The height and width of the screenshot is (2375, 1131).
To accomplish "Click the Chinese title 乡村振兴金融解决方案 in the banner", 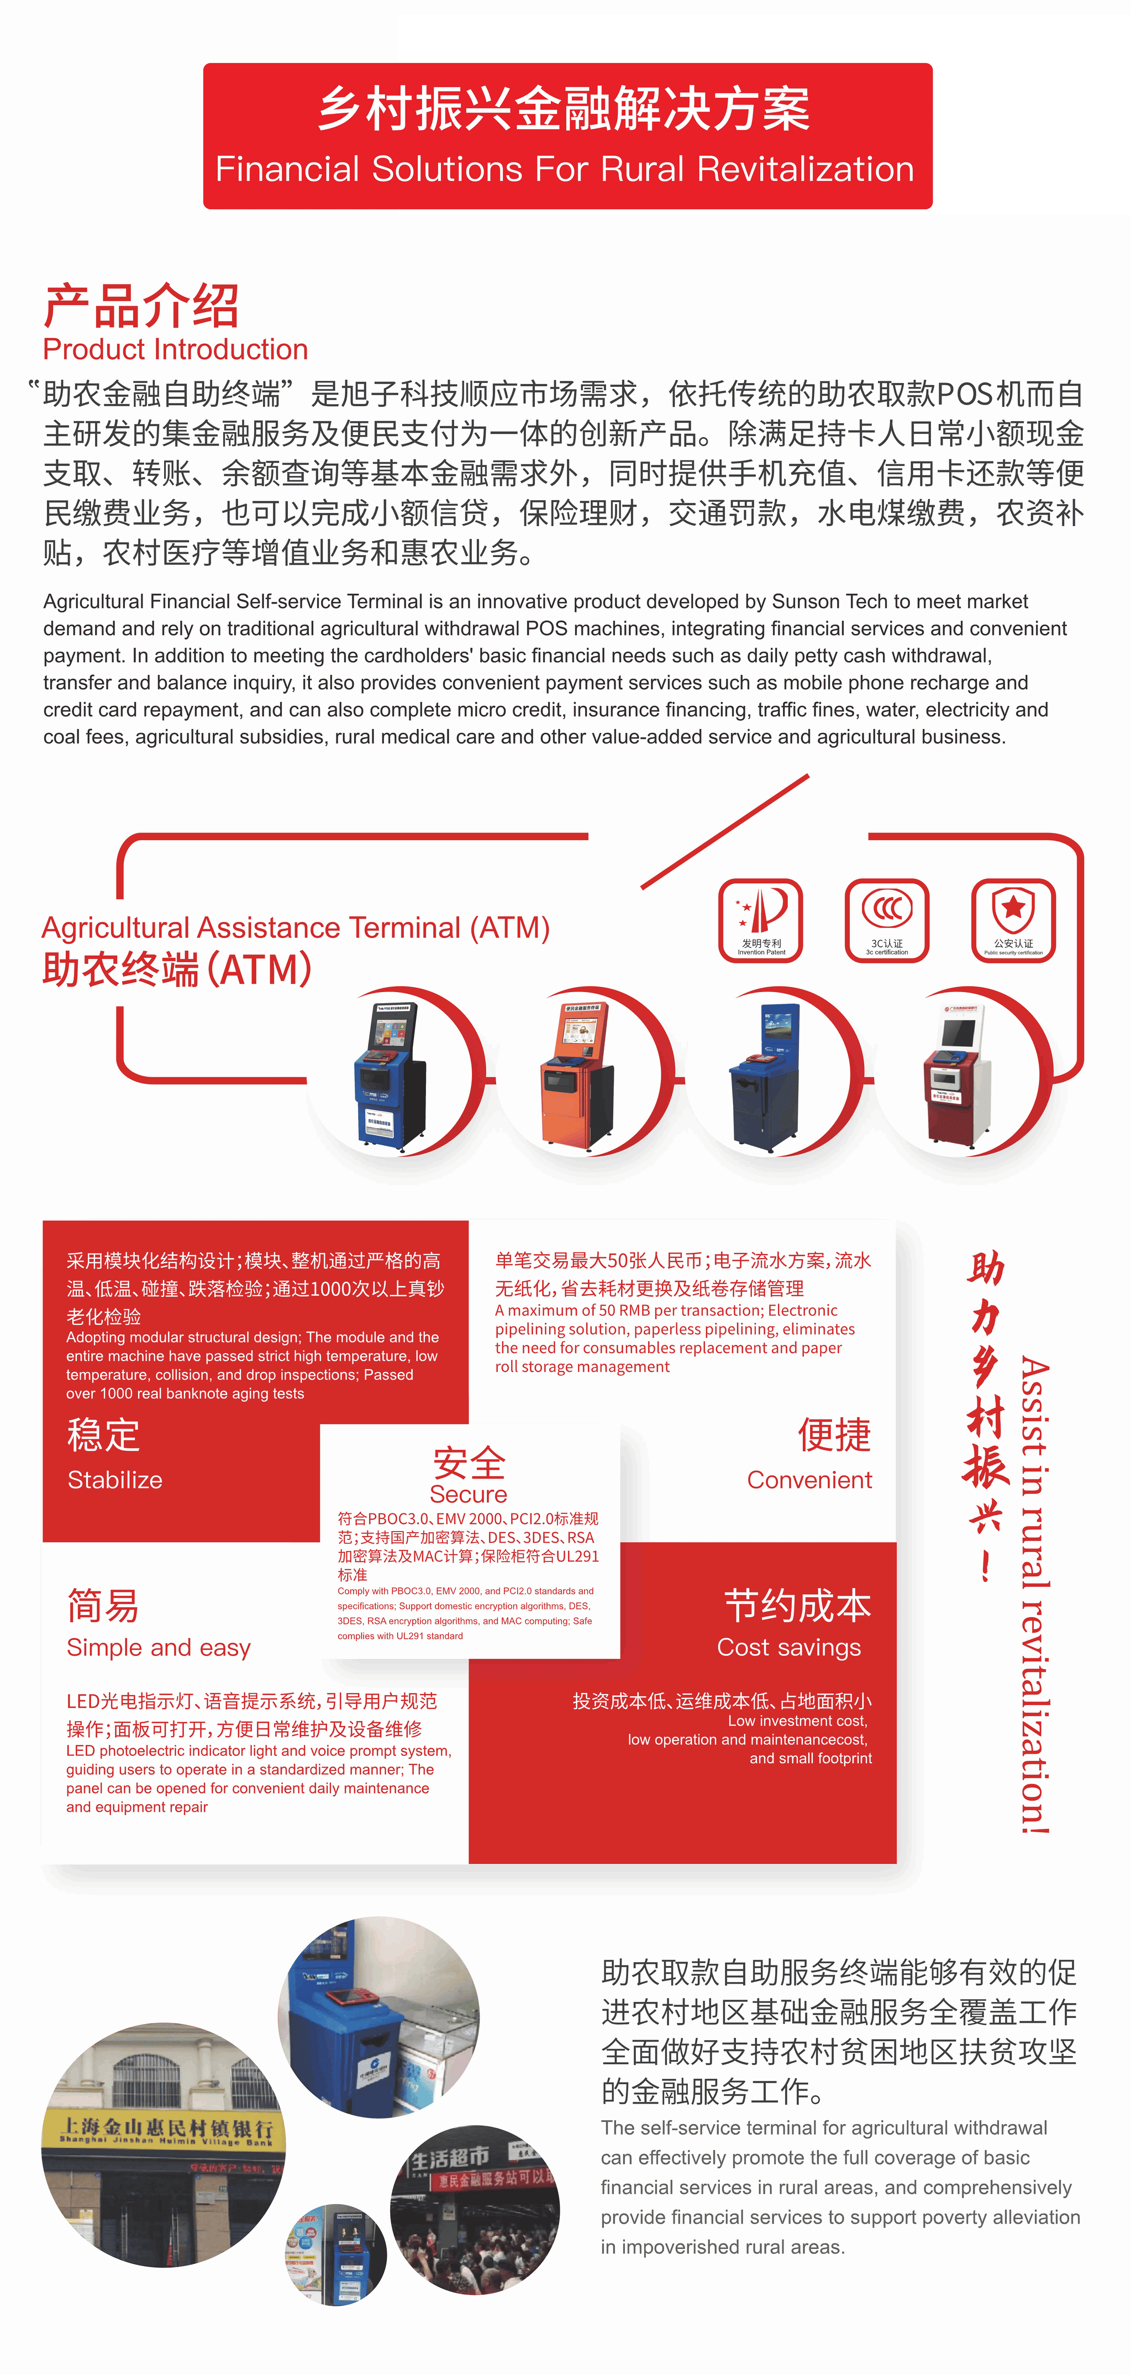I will pos(564,109).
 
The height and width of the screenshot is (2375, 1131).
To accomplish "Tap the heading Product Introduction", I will pos(175,349).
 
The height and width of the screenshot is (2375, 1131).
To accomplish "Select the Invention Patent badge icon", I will pos(760,919).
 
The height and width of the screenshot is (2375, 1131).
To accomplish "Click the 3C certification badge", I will pos(887,919).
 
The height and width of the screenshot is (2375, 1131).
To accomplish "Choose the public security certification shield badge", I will pos(1013,919).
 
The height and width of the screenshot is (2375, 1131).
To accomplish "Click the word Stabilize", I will pos(115,1480).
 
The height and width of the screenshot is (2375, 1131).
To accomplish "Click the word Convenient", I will pos(808,1480).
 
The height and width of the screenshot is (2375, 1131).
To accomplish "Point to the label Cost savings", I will pos(789,1648).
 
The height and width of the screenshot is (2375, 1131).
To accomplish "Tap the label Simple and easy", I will pos(159,1648).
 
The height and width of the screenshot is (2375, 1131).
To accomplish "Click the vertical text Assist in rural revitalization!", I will pos(1034,1595).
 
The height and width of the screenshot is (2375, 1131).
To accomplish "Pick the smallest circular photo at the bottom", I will pos(335,2254).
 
